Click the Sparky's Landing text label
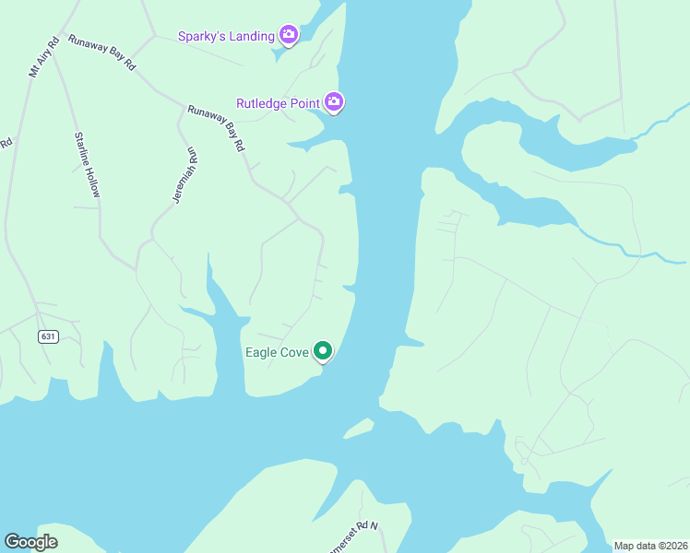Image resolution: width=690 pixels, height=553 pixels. coord(226,36)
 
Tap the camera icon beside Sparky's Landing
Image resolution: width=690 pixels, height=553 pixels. coord(289,35)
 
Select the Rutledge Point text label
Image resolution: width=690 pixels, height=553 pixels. coord(278,103)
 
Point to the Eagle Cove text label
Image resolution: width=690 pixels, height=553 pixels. coord(276,352)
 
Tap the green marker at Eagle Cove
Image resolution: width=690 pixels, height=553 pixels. coord(323,350)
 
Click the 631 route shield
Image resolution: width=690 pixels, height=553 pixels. coord(49,336)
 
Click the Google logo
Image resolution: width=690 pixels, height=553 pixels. coord(30,542)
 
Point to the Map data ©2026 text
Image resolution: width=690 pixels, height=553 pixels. coord(649,546)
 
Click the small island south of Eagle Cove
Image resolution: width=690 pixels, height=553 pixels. coord(359,428)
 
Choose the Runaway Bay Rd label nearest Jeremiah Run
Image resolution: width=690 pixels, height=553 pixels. coord(216,126)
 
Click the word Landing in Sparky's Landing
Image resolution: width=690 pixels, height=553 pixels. coord(251,36)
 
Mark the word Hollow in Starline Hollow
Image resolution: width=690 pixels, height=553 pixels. coord(91,182)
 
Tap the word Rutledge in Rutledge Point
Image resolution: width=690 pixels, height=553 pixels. coord(263,103)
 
